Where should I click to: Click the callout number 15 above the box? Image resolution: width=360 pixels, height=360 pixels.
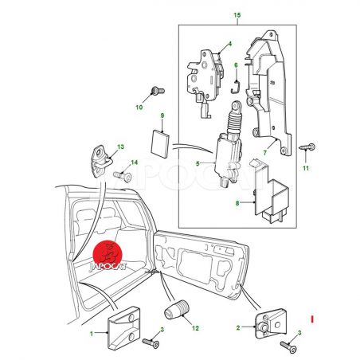tap(237, 15)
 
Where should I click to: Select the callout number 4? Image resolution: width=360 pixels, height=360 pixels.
tap(230, 44)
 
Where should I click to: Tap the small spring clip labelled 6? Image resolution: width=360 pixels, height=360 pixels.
tap(236, 87)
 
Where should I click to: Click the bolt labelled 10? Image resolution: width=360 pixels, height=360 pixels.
tap(158, 91)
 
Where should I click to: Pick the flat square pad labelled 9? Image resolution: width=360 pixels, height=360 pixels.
tap(160, 143)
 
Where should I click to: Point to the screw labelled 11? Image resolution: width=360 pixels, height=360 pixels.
tap(307, 147)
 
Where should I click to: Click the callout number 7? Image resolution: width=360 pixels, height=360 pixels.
tap(264, 153)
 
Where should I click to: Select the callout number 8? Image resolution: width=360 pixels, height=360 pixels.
tap(237, 203)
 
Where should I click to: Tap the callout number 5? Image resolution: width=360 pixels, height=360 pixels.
tap(198, 163)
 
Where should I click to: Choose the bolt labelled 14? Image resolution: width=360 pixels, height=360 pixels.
tap(123, 176)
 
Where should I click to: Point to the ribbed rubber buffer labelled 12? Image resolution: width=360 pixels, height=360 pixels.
tap(177, 309)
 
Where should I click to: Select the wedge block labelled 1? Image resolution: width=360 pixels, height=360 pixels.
tap(123, 328)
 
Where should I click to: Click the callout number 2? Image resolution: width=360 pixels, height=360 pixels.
tap(238, 327)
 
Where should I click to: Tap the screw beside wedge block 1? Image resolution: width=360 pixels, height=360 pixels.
tap(151, 342)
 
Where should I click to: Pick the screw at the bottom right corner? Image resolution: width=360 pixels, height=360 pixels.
tap(288, 346)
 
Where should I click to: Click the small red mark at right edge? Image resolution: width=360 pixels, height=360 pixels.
tap(313, 319)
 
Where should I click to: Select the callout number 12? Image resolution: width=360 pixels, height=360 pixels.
tap(195, 328)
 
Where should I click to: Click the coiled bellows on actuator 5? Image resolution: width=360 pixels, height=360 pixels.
tap(233, 120)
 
